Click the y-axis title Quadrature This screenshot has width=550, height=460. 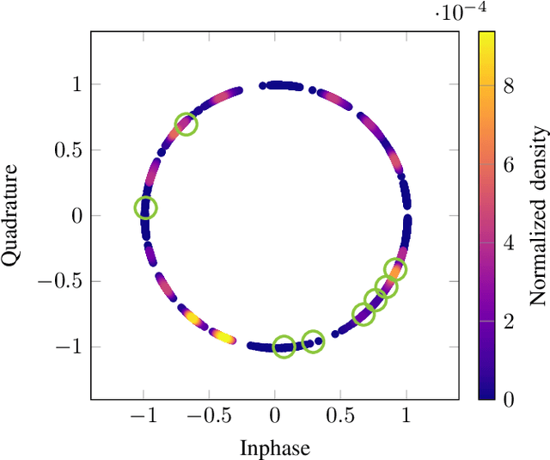coord(12,215)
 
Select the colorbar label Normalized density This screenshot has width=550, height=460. coord(538,215)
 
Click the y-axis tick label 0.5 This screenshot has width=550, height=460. coord(68,150)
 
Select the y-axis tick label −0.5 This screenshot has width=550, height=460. coord(62,281)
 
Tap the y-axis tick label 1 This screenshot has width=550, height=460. coord(77,84)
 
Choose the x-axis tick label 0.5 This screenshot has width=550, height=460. coord(340,416)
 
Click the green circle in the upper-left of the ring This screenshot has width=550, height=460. coord(186,125)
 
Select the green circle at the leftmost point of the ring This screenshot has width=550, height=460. coord(146,207)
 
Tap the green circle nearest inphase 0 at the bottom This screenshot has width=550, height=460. coord(284,347)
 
